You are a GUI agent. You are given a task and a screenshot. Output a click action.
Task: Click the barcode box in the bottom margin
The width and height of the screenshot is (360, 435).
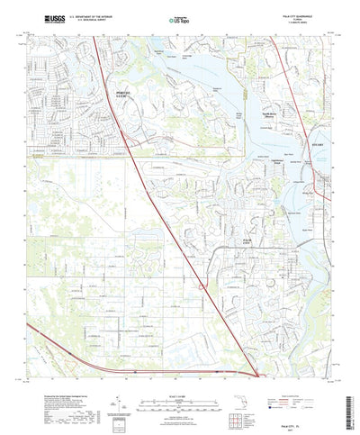click(121, 419)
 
